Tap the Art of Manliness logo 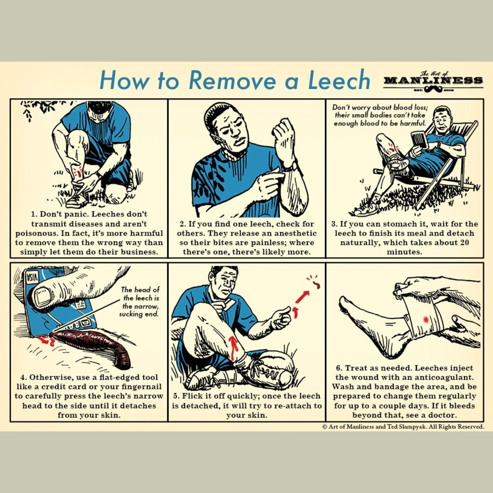click(x=433, y=81)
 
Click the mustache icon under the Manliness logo click(x=433, y=88)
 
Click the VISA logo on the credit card click(x=32, y=277)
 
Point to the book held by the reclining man click(x=419, y=140)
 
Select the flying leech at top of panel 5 click(x=314, y=283)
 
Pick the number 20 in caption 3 click(x=464, y=242)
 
